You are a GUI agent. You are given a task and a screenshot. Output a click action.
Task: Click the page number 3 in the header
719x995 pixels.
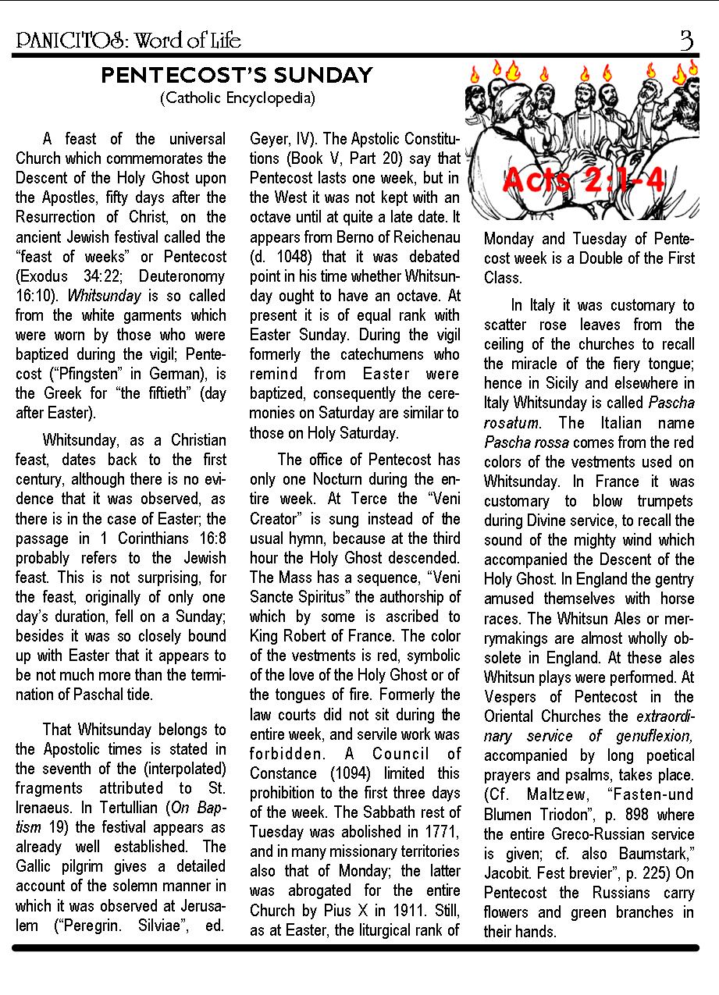coord(686,40)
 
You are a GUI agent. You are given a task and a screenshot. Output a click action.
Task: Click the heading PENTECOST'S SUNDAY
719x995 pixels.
coord(237,76)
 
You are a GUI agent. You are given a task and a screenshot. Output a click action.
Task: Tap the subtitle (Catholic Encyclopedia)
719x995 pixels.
coord(237,98)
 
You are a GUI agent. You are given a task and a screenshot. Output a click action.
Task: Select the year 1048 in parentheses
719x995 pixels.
coord(282,257)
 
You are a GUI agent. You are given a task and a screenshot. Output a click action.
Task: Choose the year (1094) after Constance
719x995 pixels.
coord(331,773)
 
